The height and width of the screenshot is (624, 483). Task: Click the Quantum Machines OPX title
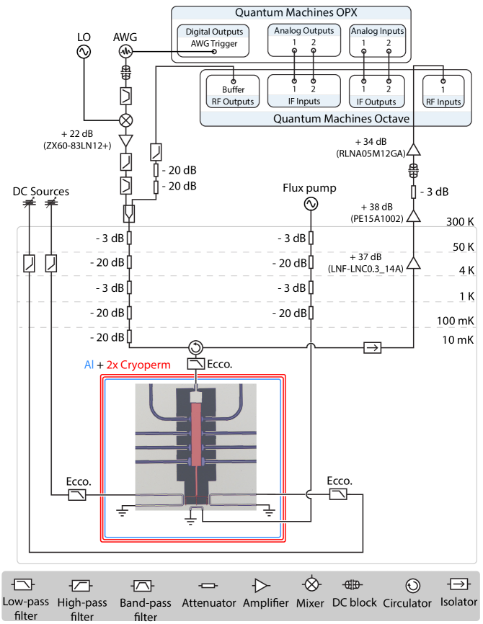(x=291, y=13)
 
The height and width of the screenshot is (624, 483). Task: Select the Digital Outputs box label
(x=214, y=32)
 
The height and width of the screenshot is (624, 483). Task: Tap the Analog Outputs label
(x=303, y=31)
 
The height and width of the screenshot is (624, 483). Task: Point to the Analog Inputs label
(x=377, y=31)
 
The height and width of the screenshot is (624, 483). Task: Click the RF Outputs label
(x=231, y=102)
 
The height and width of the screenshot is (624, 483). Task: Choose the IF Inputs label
(x=303, y=101)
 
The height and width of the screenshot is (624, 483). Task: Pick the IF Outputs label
(x=376, y=102)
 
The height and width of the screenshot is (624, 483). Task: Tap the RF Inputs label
(x=443, y=102)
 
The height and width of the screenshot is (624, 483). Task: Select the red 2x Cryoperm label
(x=138, y=365)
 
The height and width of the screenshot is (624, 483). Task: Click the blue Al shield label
(x=89, y=365)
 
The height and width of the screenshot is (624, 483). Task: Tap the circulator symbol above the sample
(x=195, y=347)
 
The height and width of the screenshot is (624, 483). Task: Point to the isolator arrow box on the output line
(x=372, y=347)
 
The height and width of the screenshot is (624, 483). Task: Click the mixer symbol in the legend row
(x=311, y=584)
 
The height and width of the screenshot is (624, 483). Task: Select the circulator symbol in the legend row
(x=412, y=585)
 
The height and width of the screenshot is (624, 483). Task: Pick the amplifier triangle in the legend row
(x=260, y=585)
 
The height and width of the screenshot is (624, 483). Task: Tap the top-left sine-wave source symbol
(x=84, y=52)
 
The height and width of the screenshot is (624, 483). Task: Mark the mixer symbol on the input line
(x=126, y=120)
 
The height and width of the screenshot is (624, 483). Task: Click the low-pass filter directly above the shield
(x=196, y=365)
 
